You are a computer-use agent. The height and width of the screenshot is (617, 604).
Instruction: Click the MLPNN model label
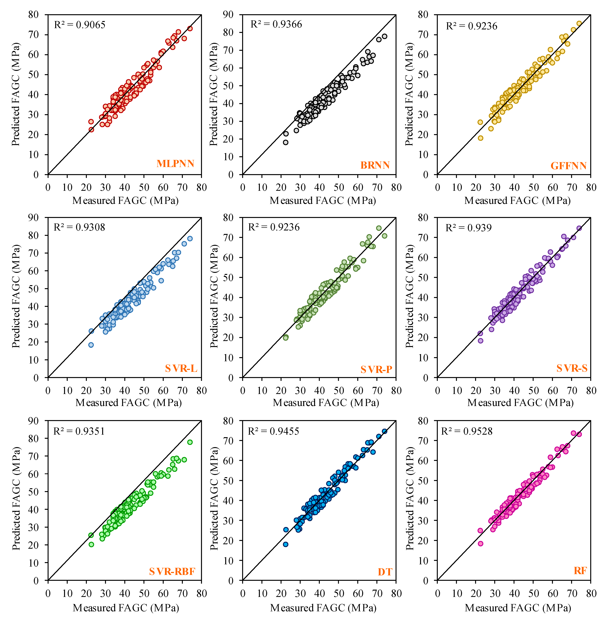[175, 164]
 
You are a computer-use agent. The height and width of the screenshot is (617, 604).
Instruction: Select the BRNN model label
[375, 165]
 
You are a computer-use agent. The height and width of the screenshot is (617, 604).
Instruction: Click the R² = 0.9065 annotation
[80, 25]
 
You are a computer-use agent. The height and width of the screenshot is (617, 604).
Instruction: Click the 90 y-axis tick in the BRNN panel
[228, 15]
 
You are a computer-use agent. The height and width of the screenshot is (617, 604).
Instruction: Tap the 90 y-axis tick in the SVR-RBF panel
[33, 421]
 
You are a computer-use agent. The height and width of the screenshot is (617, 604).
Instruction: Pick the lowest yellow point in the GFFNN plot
[480, 138]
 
